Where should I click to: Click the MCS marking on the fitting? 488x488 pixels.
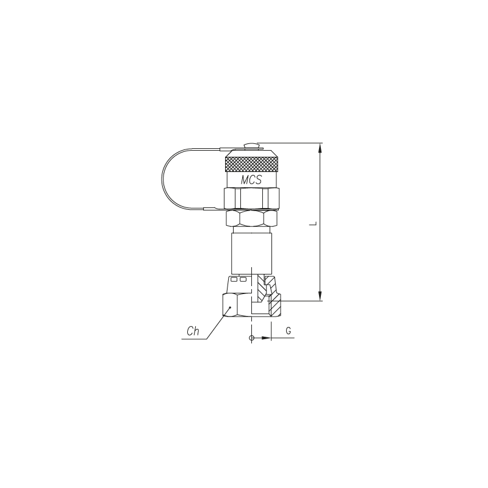[x=251, y=179]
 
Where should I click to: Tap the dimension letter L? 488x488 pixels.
[x=315, y=223]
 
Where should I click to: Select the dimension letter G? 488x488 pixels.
[x=289, y=331]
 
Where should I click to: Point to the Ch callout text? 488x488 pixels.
[x=193, y=331]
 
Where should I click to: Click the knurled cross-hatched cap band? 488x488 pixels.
[x=251, y=164]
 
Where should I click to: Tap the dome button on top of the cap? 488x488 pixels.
[x=251, y=146]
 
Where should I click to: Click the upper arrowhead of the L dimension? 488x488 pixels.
[x=321, y=148]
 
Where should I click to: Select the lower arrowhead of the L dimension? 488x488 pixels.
[x=321, y=296]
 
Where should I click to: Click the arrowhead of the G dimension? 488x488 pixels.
[x=266, y=338]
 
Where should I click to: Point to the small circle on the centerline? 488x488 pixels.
[x=251, y=338]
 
